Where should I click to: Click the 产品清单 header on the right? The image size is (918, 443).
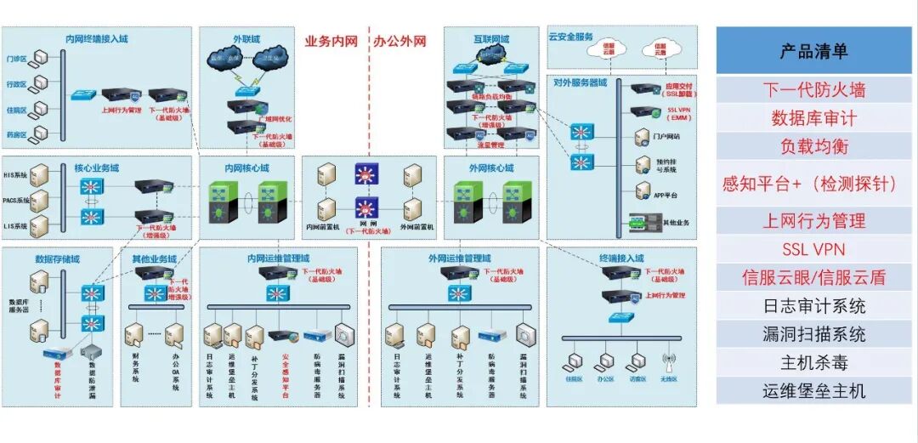tap(813, 51)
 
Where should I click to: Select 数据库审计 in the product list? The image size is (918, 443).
tap(813, 118)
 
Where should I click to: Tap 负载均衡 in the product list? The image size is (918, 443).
tap(813, 146)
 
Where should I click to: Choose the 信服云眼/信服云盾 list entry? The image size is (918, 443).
tap(813, 277)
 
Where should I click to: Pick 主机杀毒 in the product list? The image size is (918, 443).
tap(813, 363)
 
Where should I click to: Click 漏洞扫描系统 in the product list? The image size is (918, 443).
tap(813, 334)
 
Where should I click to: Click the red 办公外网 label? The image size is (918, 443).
tap(399, 40)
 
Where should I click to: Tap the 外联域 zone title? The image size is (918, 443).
tap(246, 39)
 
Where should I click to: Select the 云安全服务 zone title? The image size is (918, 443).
tap(570, 37)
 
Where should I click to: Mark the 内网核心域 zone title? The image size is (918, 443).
tap(246, 168)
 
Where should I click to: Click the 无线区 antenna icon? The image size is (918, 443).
tap(668, 361)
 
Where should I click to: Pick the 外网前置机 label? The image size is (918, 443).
tap(416, 228)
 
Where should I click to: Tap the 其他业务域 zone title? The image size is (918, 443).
tap(154, 258)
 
